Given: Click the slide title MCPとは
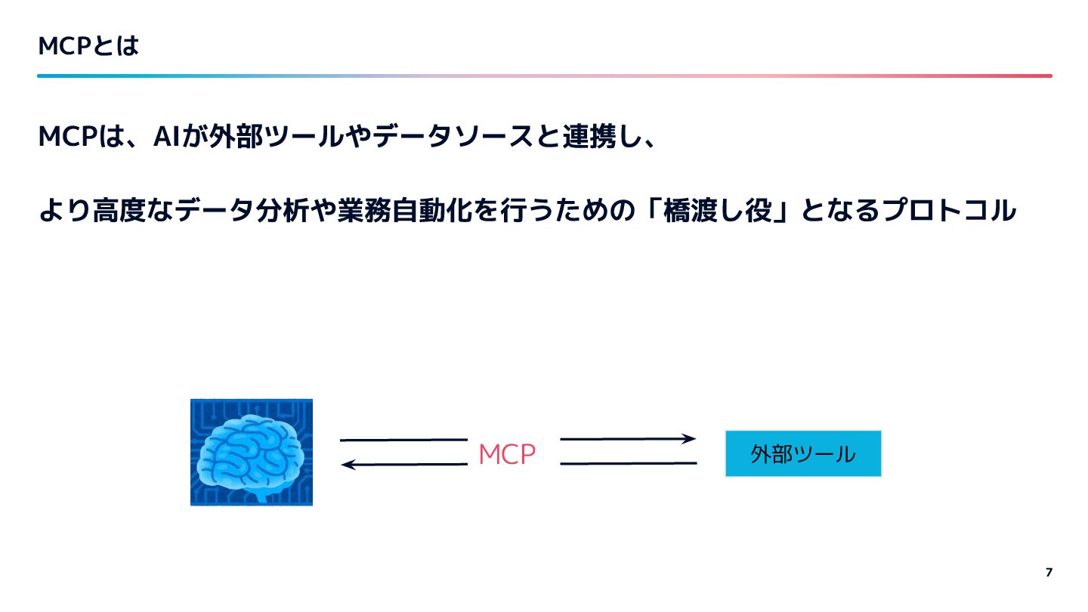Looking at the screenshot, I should click(x=88, y=47).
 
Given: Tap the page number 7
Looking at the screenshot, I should click(x=1049, y=572).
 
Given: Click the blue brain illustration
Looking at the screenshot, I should click(x=252, y=452).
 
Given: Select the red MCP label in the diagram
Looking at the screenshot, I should click(x=507, y=454).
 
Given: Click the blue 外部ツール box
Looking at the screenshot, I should click(x=803, y=453).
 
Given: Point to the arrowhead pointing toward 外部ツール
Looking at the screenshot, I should click(x=689, y=438).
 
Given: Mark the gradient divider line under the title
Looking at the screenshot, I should click(x=544, y=76).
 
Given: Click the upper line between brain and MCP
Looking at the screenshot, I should click(x=403, y=440).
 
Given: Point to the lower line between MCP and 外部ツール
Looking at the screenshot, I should click(x=628, y=463).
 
